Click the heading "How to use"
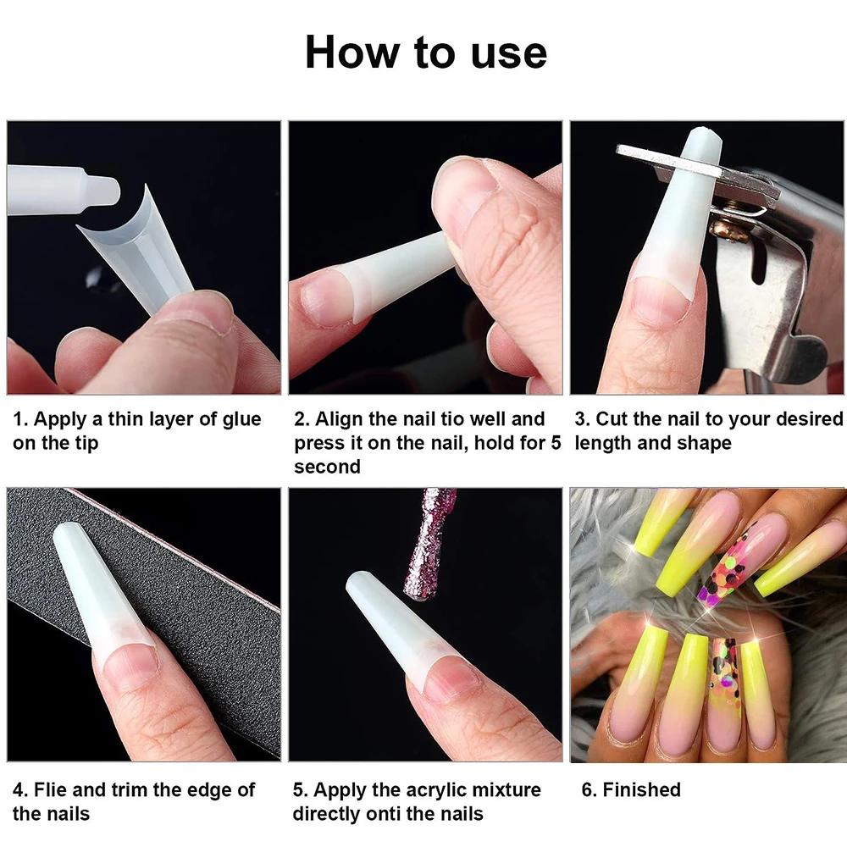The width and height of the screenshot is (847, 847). [x=425, y=53]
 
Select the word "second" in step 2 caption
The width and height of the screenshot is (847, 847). [x=327, y=467]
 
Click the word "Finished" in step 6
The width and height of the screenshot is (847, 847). [x=641, y=790]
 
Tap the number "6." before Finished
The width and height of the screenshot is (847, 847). [x=589, y=790]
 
